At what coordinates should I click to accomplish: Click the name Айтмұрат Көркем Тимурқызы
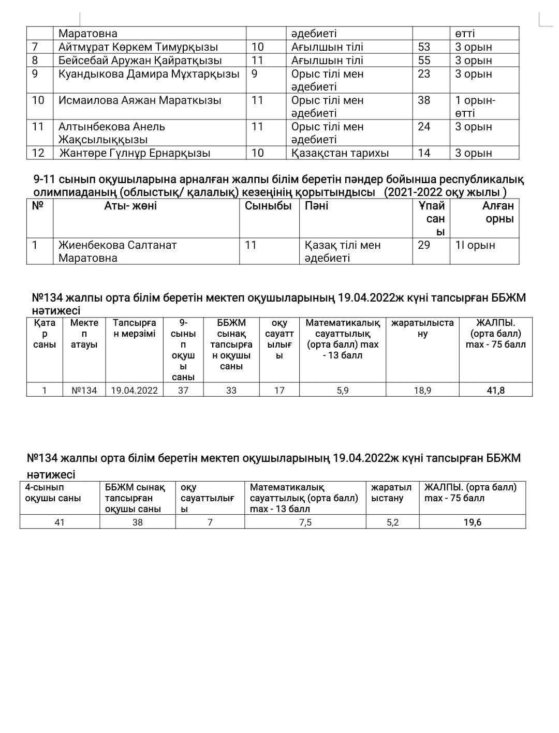point(138,47)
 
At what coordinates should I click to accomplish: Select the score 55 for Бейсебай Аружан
point(424,61)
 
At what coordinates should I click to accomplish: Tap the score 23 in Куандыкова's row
point(424,74)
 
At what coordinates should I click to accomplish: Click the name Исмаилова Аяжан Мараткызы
point(140,100)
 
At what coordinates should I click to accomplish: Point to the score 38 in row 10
point(424,100)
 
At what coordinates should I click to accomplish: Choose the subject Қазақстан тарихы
point(340,153)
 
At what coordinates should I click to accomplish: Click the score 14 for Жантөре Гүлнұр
point(424,153)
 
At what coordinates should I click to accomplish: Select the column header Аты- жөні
point(130,206)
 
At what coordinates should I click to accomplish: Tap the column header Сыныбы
point(268,206)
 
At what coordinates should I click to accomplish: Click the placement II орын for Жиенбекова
point(475,245)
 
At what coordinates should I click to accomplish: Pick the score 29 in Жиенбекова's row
point(424,245)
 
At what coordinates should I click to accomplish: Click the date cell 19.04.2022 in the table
point(135,391)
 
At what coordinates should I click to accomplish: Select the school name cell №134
point(84,391)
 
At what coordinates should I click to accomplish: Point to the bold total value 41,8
point(495,391)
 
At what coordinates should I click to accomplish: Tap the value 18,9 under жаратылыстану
point(422,391)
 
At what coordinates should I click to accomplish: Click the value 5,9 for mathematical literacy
point(343,391)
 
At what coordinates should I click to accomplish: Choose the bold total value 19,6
point(472,522)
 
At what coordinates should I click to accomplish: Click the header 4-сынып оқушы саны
point(53,493)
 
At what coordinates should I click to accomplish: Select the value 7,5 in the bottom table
point(305,522)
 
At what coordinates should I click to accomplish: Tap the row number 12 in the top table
point(38,153)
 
